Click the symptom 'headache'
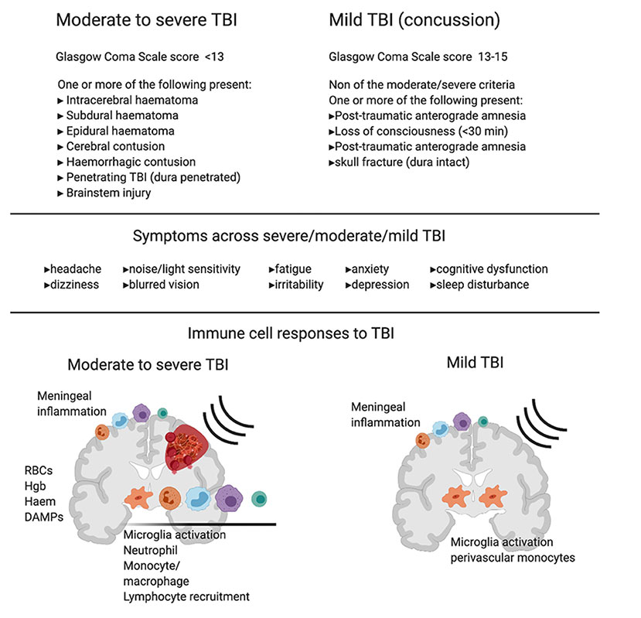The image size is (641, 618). [x=74, y=269]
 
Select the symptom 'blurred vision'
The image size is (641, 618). [x=164, y=284]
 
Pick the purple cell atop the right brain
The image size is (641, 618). [x=462, y=421]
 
